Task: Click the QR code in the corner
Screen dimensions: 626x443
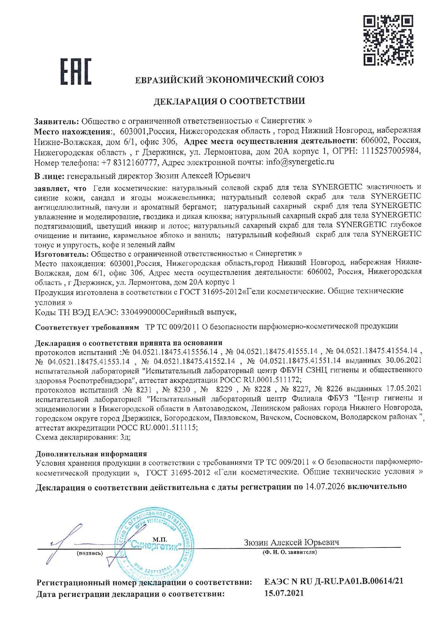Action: pyautogui.click(x=389, y=40)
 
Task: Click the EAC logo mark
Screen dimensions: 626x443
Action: pyautogui.click(x=75, y=71)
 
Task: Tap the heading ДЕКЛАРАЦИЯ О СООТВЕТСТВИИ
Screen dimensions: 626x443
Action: pyautogui.click(x=229, y=101)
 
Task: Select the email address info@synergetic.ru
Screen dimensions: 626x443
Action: pyautogui.click(x=300, y=162)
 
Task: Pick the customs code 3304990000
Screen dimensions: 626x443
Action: pyautogui.click(x=143, y=312)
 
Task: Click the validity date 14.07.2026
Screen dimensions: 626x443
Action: pyautogui.click(x=325, y=486)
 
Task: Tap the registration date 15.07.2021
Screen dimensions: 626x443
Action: pyautogui.click(x=284, y=594)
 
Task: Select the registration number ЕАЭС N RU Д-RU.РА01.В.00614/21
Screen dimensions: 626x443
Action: pyautogui.click(x=334, y=581)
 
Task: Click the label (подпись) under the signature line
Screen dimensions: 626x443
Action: pyautogui.click(x=90, y=554)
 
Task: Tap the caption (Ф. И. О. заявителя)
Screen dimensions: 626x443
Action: pyautogui.click(x=290, y=552)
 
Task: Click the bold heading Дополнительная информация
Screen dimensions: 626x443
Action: pyautogui.click(x=91, y=454)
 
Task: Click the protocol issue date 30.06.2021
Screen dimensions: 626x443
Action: pyautogui.click(x=403, y=360)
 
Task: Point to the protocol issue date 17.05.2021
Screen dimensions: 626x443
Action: pyautogui.click(x=404, y=389)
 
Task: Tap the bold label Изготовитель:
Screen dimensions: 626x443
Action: pyautogui.click(x=61, y=254)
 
